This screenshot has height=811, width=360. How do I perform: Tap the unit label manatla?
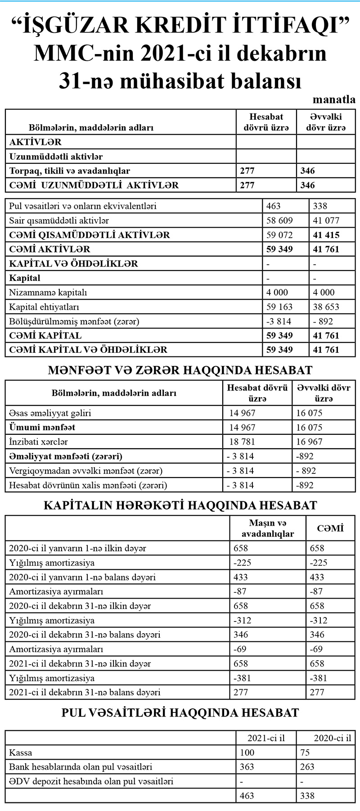coord(334,99)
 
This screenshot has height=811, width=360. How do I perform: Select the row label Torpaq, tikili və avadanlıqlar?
coord(70,171)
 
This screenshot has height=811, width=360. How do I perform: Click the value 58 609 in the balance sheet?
coord(279,221)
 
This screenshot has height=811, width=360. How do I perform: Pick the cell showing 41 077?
coord(326,221)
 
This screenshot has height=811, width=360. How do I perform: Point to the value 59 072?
coord(279,235)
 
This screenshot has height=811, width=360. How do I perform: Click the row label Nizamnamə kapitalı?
coord(48,293)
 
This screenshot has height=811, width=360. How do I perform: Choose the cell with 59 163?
coord(279,307)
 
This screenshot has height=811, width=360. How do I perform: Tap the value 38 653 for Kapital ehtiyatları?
coord(326,307)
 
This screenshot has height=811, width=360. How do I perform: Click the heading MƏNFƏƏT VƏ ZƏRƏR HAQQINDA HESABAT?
coord(180,370)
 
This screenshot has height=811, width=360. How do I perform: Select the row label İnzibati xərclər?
coord(39,442)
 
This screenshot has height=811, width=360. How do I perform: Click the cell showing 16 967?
coord(310,442)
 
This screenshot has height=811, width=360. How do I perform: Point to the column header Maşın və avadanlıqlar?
coord(268,528)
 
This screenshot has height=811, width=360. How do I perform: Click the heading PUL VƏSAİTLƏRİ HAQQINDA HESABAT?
coord(180,713)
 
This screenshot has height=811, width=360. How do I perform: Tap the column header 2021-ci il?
coord(266,738)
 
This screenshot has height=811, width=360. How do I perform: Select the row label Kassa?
coord(21,752)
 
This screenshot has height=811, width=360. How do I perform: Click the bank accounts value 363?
coord(247,767)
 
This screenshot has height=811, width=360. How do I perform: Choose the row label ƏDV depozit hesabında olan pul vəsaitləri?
coord(91,781)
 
